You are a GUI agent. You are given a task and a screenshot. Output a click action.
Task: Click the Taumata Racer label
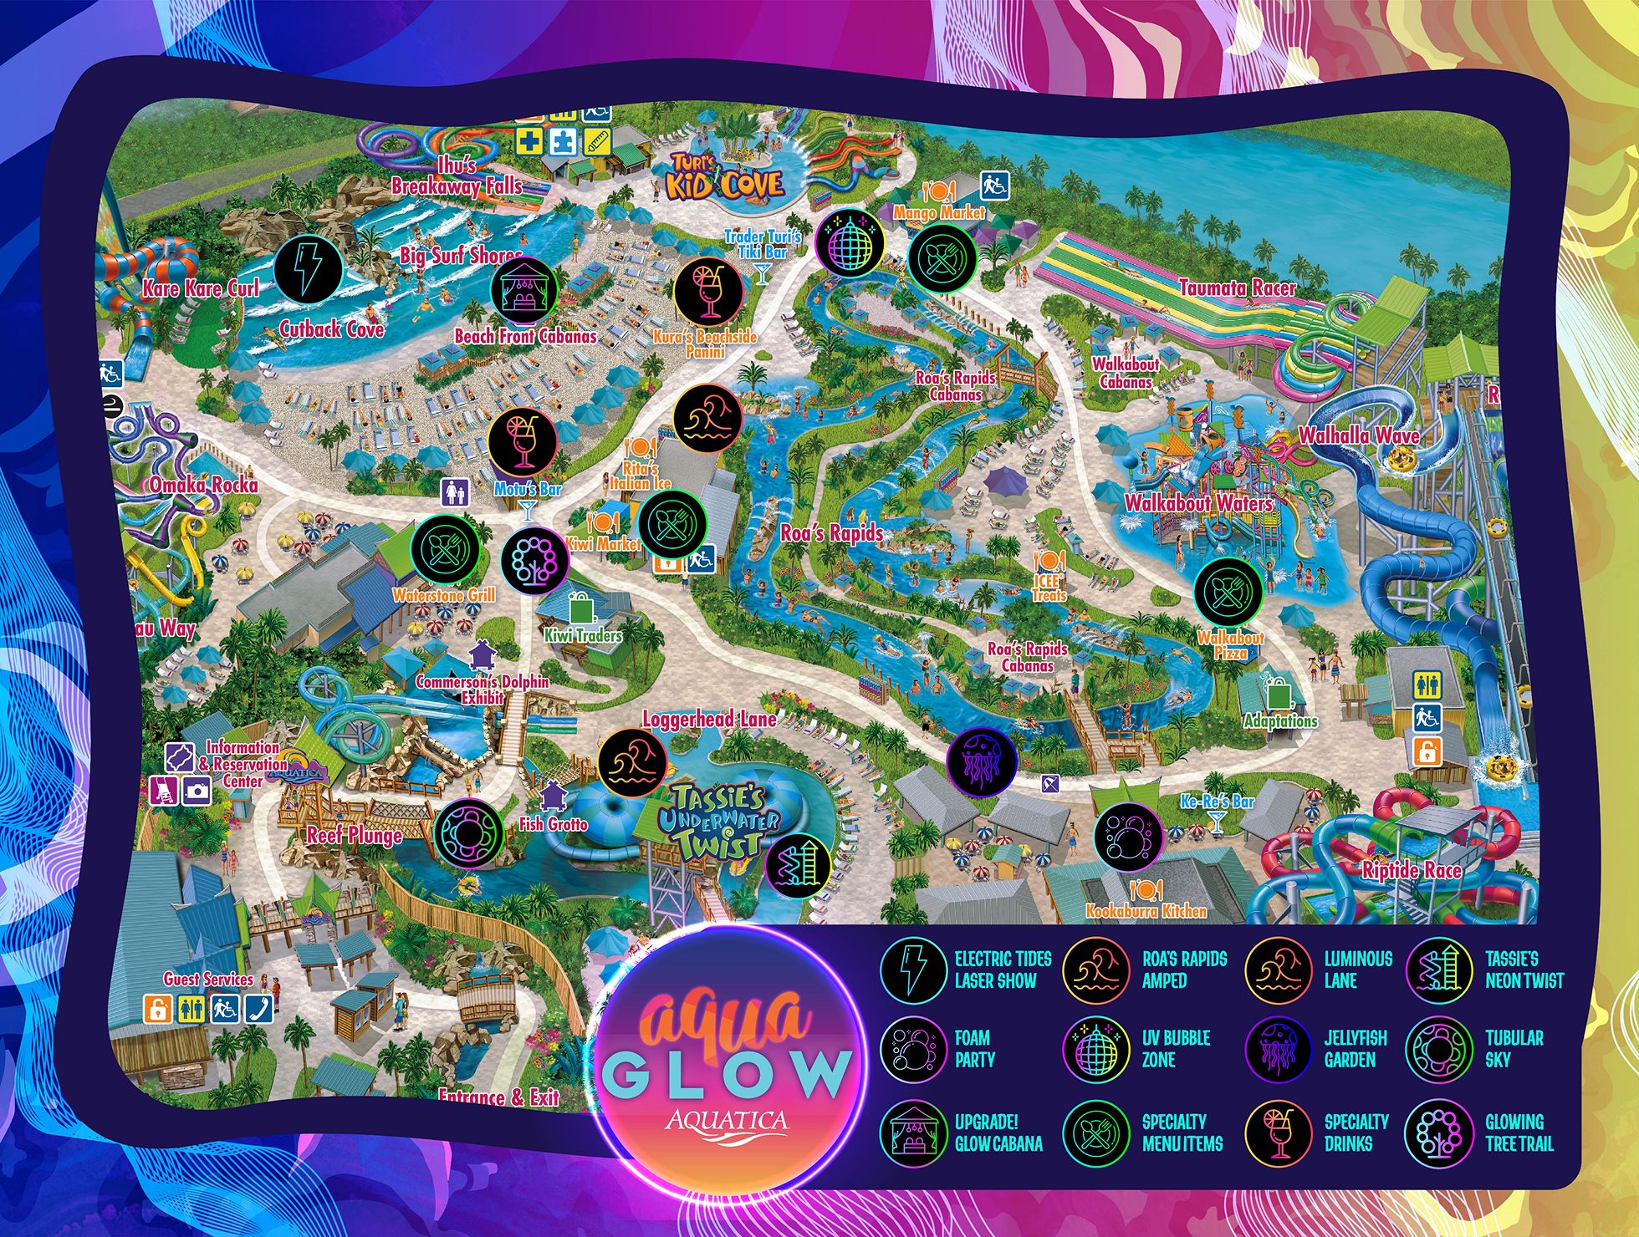[1237, 288]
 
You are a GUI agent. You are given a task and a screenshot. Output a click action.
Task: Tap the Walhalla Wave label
[1358, 435]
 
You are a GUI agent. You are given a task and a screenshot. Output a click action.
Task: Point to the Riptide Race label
[1412, 870]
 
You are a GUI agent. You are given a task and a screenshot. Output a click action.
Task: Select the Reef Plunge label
[355, 835]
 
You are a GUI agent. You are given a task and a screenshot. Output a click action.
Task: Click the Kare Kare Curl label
[201, 289]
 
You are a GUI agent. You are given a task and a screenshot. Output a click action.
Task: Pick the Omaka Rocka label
[203, 485]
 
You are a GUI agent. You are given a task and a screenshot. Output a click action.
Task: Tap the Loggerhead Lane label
[709, 719]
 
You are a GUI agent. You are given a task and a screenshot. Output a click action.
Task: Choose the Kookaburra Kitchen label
[1146, 911]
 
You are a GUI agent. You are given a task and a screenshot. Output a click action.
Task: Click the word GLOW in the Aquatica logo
[726, 1074]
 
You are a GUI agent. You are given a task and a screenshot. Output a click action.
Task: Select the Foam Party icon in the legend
[913, 1049]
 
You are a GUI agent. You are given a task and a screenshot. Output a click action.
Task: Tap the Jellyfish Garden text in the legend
[1355, 1049]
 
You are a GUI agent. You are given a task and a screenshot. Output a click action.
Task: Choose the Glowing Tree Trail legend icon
[1438, 1133]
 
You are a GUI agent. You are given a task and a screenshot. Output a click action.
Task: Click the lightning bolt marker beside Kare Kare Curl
[308, 268]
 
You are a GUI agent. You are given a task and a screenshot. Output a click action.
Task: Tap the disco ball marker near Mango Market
[850, 243]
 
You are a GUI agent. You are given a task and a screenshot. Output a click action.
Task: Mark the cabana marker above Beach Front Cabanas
[524, 290]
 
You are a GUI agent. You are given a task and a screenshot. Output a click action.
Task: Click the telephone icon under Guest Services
[259, 1009]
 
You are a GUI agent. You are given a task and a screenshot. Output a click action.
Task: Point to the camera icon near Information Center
[197, 791]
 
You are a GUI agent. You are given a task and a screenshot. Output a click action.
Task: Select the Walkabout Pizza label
[1230, 644]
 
